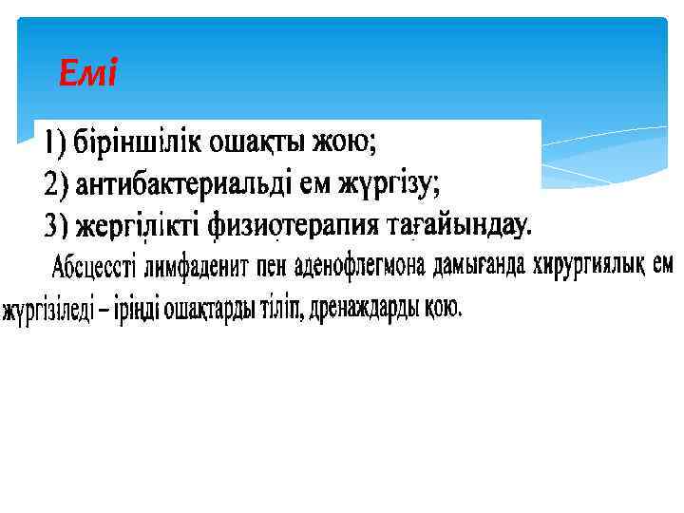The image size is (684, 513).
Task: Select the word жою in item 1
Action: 349,142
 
